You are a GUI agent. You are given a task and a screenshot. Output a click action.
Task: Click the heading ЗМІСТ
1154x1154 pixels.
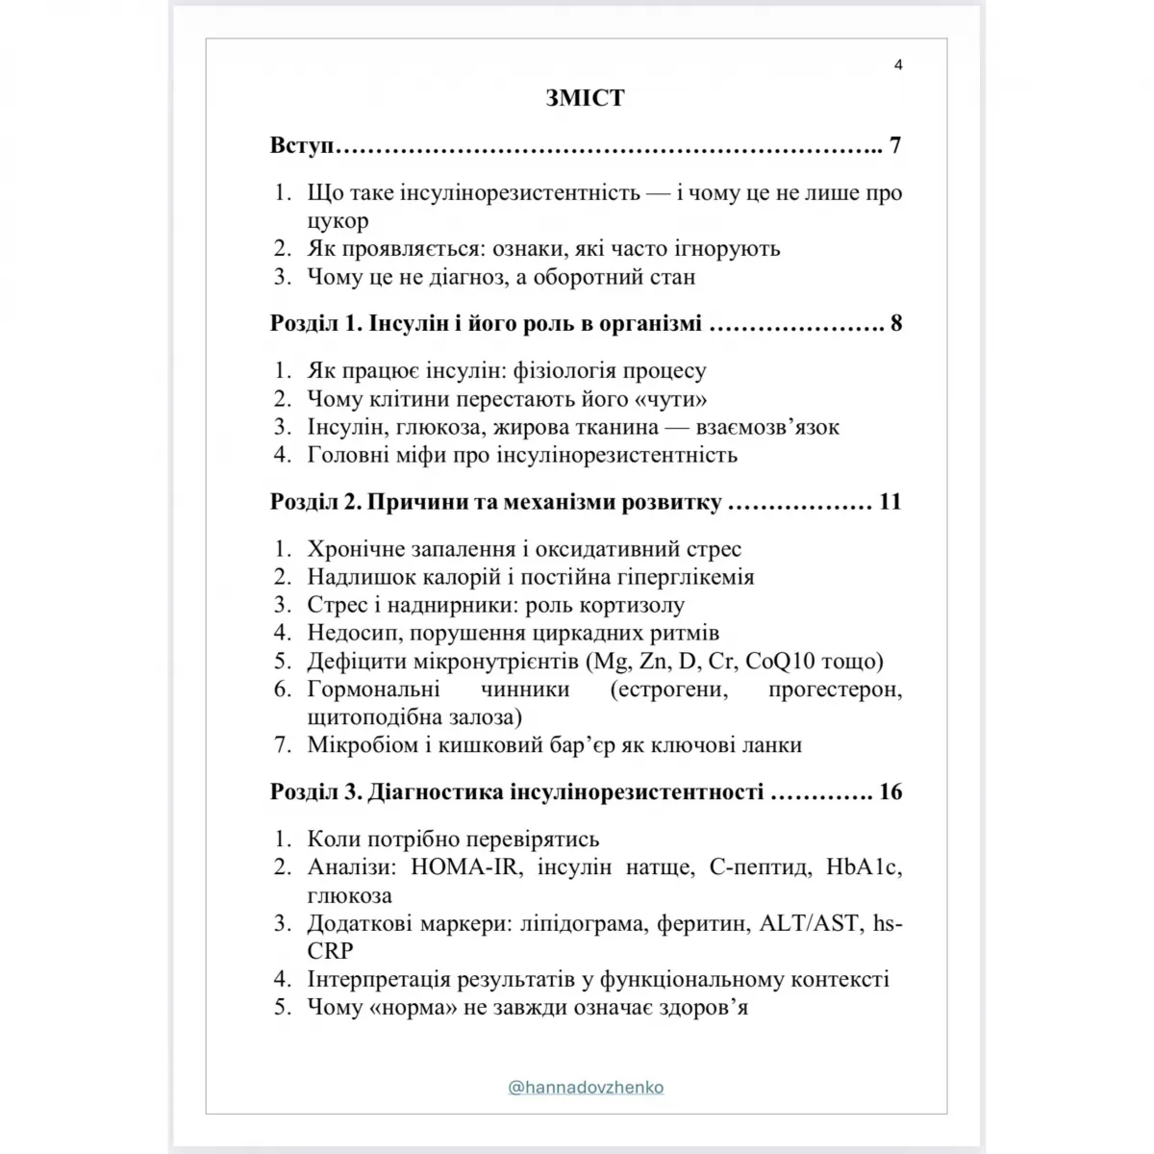click(585, 98)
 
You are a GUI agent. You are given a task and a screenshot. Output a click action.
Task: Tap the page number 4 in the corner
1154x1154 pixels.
click(898, 65)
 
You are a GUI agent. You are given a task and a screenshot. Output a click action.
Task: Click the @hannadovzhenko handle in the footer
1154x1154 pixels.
click(586, 1088)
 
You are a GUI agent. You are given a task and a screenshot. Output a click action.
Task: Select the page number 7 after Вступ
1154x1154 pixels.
click(895, 146)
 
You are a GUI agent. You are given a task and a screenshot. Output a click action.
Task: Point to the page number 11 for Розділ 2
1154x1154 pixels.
click(890, 502)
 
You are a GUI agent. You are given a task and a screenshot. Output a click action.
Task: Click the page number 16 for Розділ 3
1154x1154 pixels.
click(891, 792)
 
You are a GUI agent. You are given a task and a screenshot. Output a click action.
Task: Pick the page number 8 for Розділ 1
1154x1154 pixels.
click(896, 323)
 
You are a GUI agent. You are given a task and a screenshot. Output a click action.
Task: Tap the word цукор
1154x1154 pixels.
click(338, 221)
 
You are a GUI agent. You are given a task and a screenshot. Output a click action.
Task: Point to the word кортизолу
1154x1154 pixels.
click(631, 605)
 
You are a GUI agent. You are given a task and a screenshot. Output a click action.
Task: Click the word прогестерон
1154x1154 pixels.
click(836, 690)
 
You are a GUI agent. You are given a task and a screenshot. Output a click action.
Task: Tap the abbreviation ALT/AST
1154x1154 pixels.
click(810, 923)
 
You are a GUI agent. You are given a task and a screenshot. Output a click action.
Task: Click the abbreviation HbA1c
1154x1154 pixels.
click(864, 866)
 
